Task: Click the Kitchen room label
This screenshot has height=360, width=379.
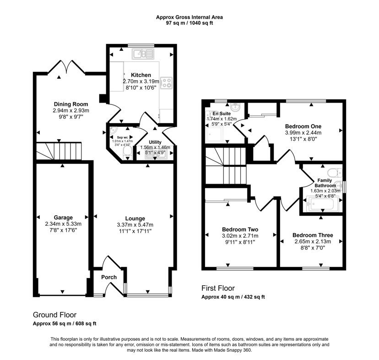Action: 141,75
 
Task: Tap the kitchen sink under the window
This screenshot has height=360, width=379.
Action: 143,54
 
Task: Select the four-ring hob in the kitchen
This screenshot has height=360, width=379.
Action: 166,83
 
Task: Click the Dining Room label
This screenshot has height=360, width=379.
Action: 71,104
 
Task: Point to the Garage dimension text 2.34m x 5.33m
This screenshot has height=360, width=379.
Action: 63,224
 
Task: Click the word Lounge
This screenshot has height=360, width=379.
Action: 135,218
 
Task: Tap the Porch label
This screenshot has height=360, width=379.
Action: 109,277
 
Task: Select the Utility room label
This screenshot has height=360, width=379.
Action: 155,142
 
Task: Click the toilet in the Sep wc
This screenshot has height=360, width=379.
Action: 127,153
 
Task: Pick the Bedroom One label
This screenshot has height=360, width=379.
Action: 303,126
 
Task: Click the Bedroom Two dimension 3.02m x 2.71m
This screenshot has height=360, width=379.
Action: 240,236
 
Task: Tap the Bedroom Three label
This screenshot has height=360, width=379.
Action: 313,235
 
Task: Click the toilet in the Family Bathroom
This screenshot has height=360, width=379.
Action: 335,173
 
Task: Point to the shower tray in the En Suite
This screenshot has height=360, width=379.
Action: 214,134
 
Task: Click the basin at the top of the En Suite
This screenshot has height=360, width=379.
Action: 235,106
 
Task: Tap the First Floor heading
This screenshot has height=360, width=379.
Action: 218,288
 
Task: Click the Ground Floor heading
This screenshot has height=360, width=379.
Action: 54,315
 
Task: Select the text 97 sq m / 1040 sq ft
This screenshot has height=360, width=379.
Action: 189,23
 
